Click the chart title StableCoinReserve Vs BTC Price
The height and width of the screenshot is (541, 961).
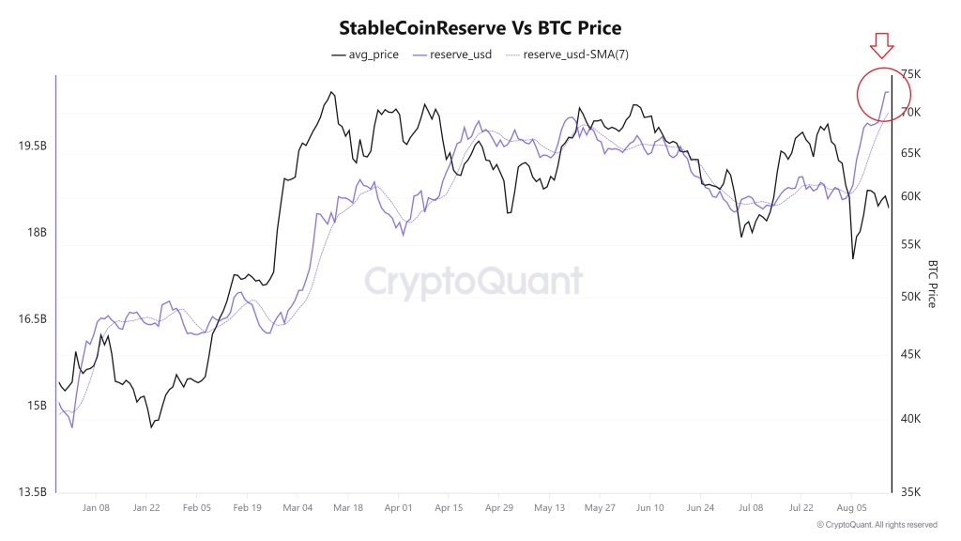(480, 28)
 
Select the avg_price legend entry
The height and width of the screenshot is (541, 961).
(365, 54)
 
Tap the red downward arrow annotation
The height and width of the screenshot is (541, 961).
(882, 44)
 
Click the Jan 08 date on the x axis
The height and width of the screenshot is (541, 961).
(96, 507)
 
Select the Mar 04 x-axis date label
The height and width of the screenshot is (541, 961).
(297, 507)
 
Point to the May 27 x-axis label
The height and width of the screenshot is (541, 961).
(599, 507)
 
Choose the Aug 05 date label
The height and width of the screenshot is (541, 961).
(850, 507)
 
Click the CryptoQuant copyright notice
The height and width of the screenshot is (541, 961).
(877, 525)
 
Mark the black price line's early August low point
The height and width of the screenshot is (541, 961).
(852, 258)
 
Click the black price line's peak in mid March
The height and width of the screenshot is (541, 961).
(330, 92)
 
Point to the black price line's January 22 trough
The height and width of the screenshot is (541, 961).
(150, 427)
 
